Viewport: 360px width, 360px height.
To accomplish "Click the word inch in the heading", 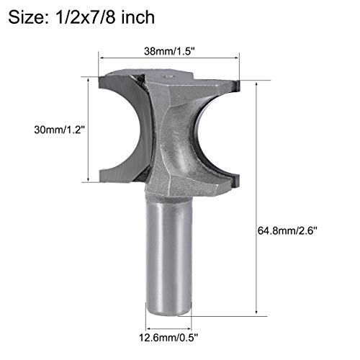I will [137, 17].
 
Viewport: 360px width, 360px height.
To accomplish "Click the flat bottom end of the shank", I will [170, 312].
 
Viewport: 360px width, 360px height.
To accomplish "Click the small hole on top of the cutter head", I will [171, 74].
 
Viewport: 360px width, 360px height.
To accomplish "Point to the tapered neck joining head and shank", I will [170, 189].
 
